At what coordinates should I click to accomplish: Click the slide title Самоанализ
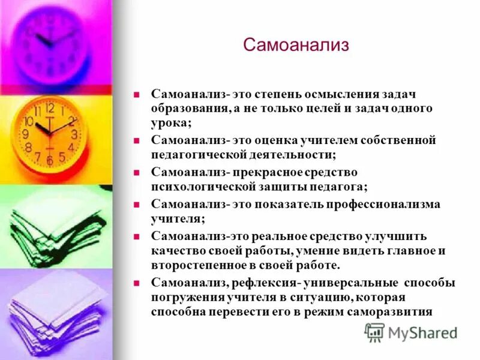[296, 46]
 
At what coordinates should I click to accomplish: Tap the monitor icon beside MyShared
[374, 332]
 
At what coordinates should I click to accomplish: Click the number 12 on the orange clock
[50, 108]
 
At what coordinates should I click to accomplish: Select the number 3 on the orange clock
[74, 134]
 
